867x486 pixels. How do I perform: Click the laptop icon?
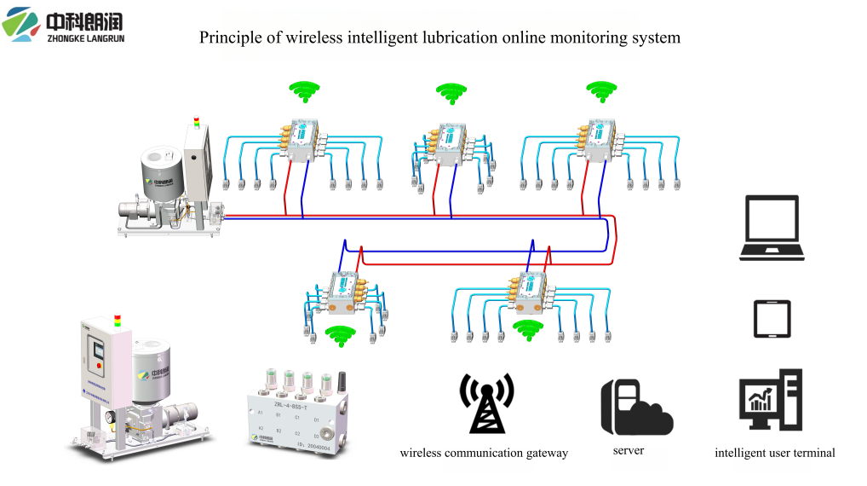(x=773, y=227)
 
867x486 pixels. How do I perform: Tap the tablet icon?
(x=772, y=319)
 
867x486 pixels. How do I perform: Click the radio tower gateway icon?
(x=486, y=402)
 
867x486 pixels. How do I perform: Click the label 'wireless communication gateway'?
(x=483, y=453)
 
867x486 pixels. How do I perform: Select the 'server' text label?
(x=629, y=449)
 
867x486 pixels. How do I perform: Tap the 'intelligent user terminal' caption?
(x=774, y=453)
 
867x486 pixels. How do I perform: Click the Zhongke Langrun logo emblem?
(x=20, y=23)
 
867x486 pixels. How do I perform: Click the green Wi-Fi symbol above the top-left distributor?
(x=303, y=89)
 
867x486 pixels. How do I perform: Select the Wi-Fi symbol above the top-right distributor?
(x=600, y=89)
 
